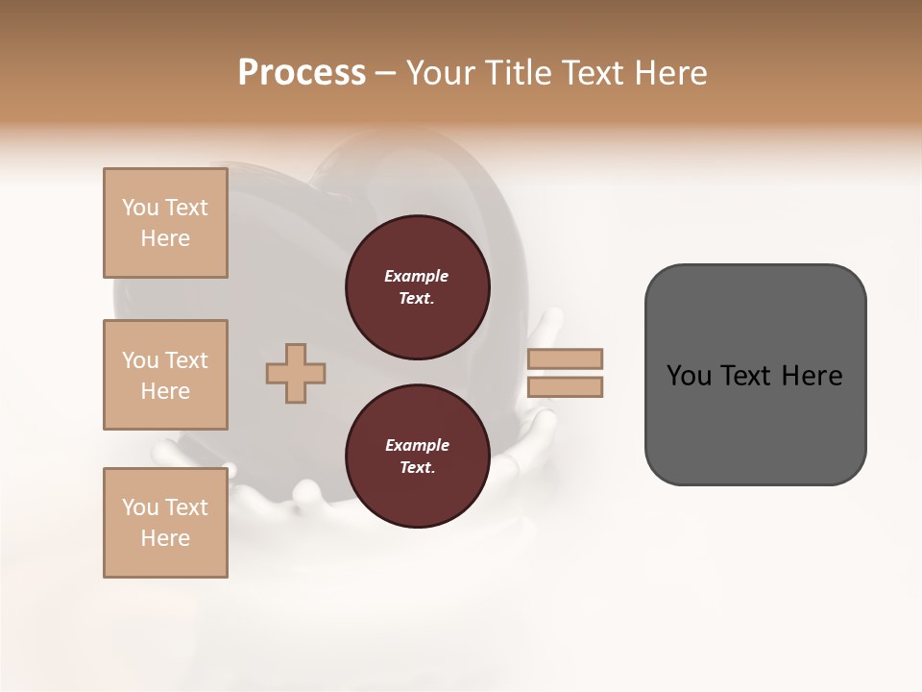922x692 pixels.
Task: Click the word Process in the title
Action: pyautogui.click(x=302, y=73)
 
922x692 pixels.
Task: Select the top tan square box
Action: pyautogui.click(x=165, y=223)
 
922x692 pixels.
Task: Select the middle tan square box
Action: pyautogui.click(x=165, y=375)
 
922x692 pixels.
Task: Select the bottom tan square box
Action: pyautogui.click(x=165, y=522)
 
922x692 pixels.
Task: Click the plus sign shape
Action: pyautogui.click(x=296, y=373)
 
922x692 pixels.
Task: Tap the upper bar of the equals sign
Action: pyautogui.click(x=566, y=358)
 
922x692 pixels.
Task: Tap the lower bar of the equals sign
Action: pyautogui.click(x=566, y=386)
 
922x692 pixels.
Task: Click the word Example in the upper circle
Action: pyautogui.click(x=417, y=276)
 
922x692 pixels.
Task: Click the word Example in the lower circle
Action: pyautogui.click(x=417, y=445)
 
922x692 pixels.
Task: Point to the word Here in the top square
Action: pyautogui.click(x=165, y=238)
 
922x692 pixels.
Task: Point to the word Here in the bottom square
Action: pyautogui.click(x=165, y=538)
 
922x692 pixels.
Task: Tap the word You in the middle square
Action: pyautogui.click(x=140, y=360)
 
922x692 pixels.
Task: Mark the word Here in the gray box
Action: pyautogui.click(x=812, y=376)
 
